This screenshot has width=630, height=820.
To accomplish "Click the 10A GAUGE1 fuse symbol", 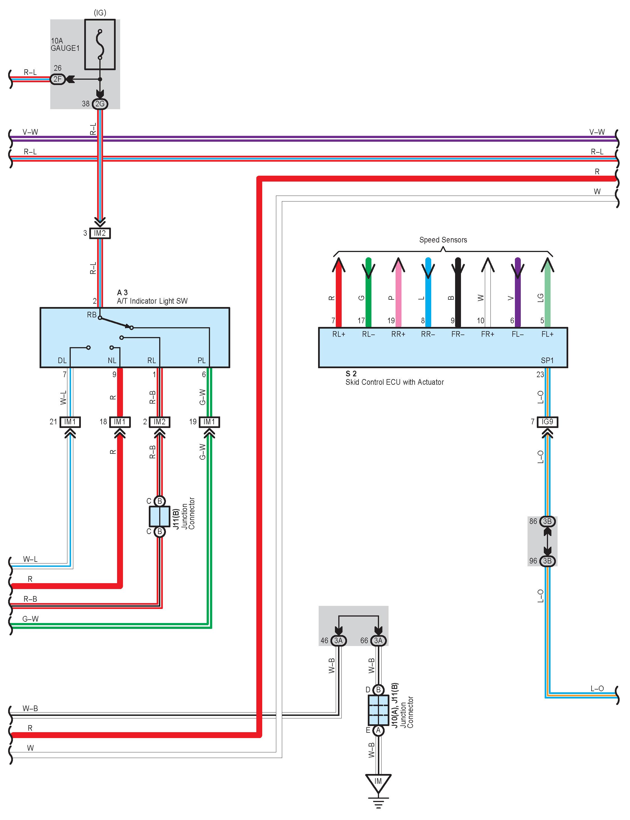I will pyautogui.click(x=100, y=45).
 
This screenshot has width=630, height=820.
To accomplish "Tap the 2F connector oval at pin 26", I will pyautogui.click(x=57, y=79).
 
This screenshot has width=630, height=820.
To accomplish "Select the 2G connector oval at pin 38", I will pyautogui.click(x=100, y=104).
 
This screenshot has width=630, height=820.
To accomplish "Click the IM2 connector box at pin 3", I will pyautogui.click(x=100, y=233).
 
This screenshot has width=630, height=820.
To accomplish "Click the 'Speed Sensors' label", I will pyautogui.click(x=443, y=240).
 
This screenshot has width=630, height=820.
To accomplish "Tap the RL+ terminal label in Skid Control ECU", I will pyautogui.click(x=339, y=334).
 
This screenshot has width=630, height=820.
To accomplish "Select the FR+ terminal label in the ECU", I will pyautogui.click(x=487, y=334).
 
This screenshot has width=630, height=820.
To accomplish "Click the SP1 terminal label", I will pyautogui.click(x=547, y=361).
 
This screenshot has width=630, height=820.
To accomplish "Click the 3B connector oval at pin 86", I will pyautogui.click(x=547, y=521).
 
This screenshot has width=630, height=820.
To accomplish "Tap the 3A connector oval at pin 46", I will pyautogui.click(x=338, y=640).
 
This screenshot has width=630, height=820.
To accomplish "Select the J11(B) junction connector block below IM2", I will pyautogui.click(x=159, y=516).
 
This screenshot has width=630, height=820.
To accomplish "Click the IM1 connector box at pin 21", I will pyautogui.click(x=70, y=422).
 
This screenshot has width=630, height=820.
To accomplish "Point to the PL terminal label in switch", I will pyautogui.click(x=202, y=361).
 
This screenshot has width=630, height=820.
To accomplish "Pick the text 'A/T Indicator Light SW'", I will pyautogui.click(x=152, y=301).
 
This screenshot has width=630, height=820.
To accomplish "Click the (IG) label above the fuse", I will pyautogui.click(x=100, y=13).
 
